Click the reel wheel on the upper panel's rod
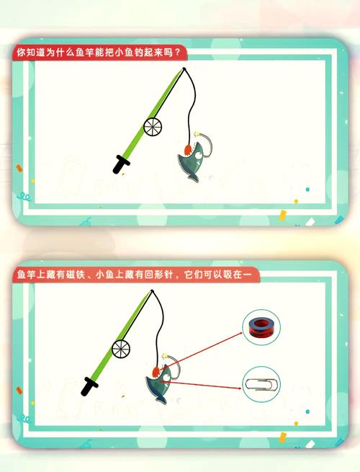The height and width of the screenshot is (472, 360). (153, 127)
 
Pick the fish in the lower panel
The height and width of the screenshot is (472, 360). (160, 381)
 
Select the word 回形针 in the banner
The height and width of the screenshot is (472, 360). (158, 275)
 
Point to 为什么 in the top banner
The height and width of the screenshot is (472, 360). (62, 53)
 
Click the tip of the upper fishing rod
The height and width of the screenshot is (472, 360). (185, 69)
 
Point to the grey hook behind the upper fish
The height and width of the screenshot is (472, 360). (205, 141)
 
